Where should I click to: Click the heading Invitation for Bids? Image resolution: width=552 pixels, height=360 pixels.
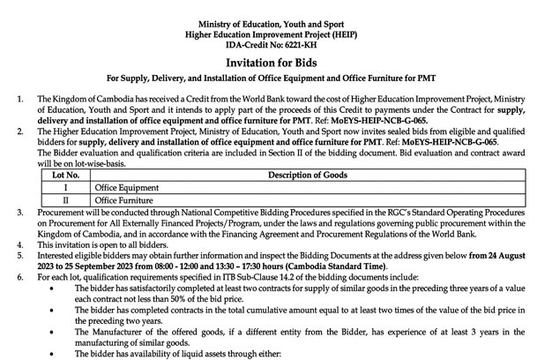tap(275, 64)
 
